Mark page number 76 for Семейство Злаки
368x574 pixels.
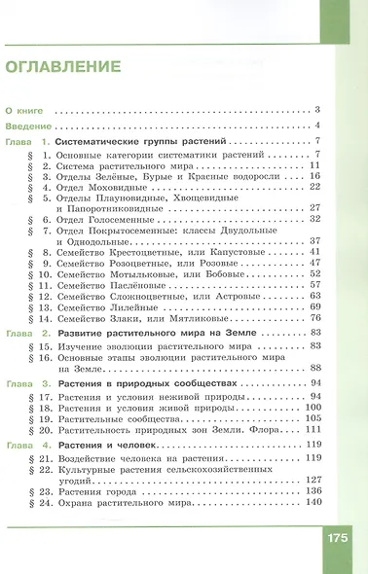pos(314,319)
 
